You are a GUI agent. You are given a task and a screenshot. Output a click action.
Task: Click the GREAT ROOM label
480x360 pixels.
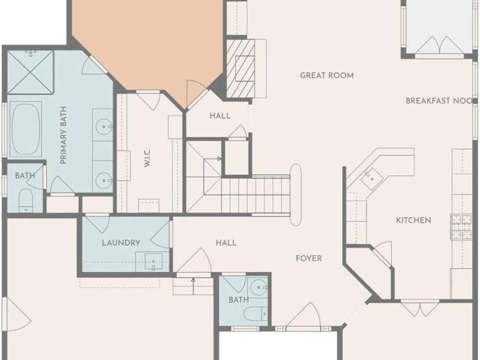(327, 75)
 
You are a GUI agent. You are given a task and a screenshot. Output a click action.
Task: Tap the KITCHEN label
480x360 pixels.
(413, 220)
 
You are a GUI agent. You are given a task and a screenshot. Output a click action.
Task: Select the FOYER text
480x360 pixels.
(309, 259)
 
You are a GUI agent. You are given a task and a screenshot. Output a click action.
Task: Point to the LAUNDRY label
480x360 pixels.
(121, 243)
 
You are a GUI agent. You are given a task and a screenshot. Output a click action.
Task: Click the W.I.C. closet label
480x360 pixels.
(147, 158)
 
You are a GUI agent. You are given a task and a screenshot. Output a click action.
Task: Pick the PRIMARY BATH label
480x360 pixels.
(63, 135)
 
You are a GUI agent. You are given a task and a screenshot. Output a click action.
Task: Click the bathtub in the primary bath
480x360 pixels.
(26, 129)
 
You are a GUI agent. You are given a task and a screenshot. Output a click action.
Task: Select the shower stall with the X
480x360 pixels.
(30, 72)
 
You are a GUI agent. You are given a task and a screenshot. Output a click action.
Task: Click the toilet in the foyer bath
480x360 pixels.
(256, 314)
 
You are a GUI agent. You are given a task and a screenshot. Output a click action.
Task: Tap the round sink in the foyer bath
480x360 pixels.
(259, 288)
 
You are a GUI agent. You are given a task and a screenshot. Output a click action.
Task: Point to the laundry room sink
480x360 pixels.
(153, 261)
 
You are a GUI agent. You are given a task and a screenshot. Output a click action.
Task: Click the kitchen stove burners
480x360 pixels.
(461, 227)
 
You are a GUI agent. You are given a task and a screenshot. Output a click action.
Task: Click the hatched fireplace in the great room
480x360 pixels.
(241, 68)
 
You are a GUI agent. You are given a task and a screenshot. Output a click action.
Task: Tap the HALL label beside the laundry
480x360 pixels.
(226, 243)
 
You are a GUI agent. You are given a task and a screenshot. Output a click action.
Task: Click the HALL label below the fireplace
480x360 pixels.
(220, 116)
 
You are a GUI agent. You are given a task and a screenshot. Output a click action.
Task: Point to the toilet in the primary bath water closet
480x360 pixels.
(26, 201)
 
